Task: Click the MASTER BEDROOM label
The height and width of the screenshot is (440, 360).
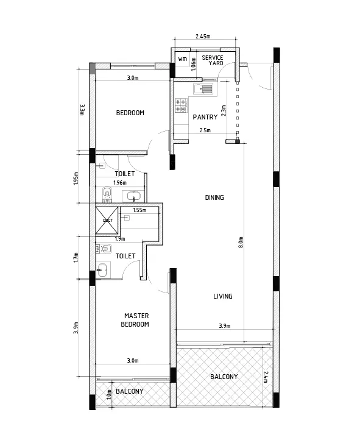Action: pyautogui.click(x=135, y=320)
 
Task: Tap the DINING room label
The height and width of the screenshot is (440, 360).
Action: pyautogui.click(x=214, y=197)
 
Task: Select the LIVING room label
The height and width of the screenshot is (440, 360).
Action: pyautogui.click(x=223, y=296)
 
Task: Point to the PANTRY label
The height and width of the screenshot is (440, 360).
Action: pyautogui.click(x=205, y=117)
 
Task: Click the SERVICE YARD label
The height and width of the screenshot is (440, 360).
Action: pyautogui.click(x=213, y=60)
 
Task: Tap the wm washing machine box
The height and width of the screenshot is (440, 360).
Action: pyautogui.click(x=183, y=59)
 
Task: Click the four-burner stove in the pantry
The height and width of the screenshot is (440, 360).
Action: pyautogui.click(x=181, y=105)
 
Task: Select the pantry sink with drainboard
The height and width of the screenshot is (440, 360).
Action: pyautogui.click(x=203, y=89)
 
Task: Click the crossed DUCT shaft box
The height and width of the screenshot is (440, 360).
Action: pyautogui.click(x=107, y=220)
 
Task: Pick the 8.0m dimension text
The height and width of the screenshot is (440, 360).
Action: pyautogui.click(x=241, y=242)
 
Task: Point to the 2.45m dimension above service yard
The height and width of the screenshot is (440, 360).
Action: pyautogui.click(x=203, y=36)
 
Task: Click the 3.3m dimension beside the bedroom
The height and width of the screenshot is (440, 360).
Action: pyautogui.click(x=82, y=110)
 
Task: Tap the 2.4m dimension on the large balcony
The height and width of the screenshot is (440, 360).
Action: pyautogui.click(x=266, y=377)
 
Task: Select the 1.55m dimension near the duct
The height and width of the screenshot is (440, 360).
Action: pyautogui.click(x=139, y=210)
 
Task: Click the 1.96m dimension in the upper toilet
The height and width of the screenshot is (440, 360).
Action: pyautogui.click(x=120, y=183)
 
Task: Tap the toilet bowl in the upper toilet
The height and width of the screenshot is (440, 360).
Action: pyautogui.click(x=107, y=194)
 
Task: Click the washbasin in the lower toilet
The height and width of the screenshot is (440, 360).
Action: pyautogui.click(x=102, y=269)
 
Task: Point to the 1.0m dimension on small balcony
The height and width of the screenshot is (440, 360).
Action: pyautogui.click(x=109, y=394)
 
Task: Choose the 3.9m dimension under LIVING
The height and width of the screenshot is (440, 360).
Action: pyautogui.click(x=225, y=326)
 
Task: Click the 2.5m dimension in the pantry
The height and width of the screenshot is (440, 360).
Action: pyautogui.click(x=205, y=130)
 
